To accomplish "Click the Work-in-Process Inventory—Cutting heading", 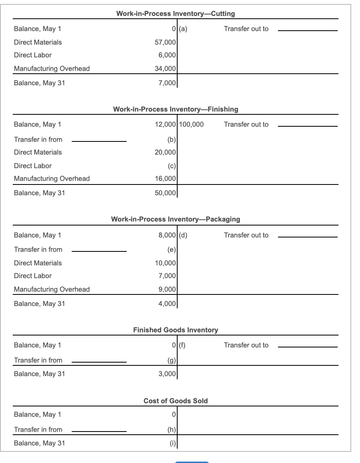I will tap(175, 14).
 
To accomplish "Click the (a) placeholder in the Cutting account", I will tap(184, 29).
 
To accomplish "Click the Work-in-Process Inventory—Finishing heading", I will tap(176, 109).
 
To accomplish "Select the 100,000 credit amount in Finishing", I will tap(192, 124).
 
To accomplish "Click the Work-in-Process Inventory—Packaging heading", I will tap(176, 219).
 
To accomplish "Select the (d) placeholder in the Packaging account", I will tap(184, 235).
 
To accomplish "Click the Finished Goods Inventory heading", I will tap(176, 330).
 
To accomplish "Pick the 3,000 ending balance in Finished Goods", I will tap(167, 374).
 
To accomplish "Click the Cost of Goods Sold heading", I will tap(176, 401).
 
